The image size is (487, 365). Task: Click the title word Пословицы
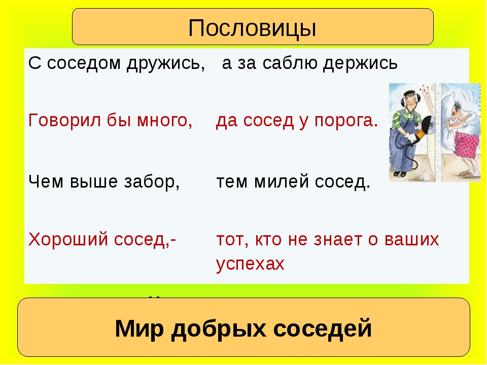coord(252,28)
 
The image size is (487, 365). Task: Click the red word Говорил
coord(64,120)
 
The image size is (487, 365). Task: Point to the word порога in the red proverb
coord(345,121)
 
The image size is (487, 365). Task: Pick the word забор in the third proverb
coord(152,181)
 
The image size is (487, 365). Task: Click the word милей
coord(282,181)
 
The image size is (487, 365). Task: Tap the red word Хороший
coord(68,239)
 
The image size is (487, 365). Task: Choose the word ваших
coord(411,240)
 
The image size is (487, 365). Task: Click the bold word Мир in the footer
coord(139,328)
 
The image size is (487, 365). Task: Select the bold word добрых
coord(219,328)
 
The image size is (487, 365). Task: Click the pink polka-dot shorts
coord(466,144)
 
